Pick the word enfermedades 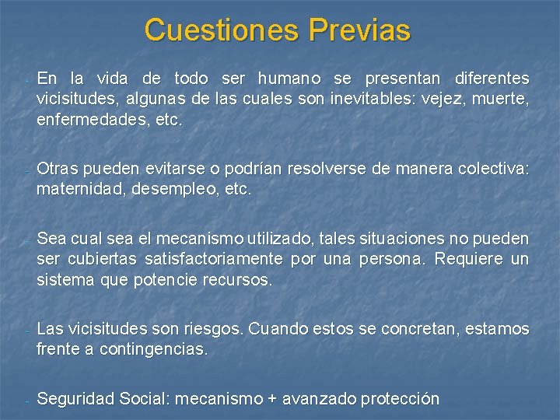click(93, 121)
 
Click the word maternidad click(73, 189)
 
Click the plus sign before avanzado click(271, 400)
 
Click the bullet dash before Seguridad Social click(26, 401)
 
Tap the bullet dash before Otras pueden click(26, 170)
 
